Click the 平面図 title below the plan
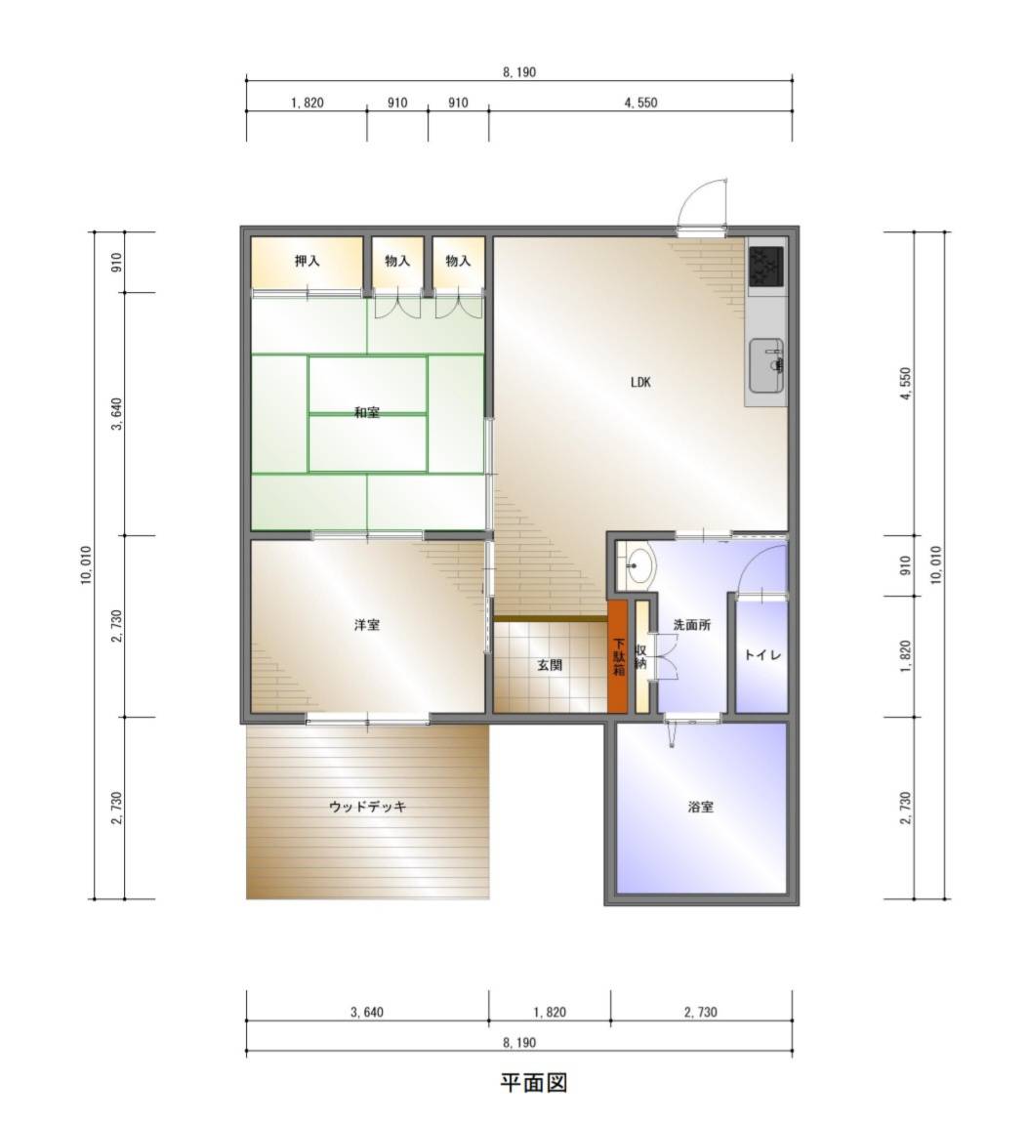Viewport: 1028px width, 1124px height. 533,1082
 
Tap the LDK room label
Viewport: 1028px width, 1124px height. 640,382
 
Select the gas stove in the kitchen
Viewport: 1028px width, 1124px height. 766,266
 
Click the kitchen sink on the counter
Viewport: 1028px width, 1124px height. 766,365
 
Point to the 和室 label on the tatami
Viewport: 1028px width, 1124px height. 367,412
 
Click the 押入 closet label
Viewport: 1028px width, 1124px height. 307,261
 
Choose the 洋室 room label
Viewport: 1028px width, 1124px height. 367,625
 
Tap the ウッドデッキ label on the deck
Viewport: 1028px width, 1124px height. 368,807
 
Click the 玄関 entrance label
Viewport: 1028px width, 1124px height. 550,665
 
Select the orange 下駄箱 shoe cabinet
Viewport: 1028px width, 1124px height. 618,656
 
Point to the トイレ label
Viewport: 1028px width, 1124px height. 762,654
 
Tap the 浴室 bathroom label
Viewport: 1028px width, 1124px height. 700,807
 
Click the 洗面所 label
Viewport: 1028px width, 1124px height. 692,624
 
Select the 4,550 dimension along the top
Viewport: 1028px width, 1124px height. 640,103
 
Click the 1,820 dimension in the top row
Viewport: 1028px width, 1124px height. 307,103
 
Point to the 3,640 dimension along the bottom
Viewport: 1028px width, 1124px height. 367,1012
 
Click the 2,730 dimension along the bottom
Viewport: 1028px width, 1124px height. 700,1012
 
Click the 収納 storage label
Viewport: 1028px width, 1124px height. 640,656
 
